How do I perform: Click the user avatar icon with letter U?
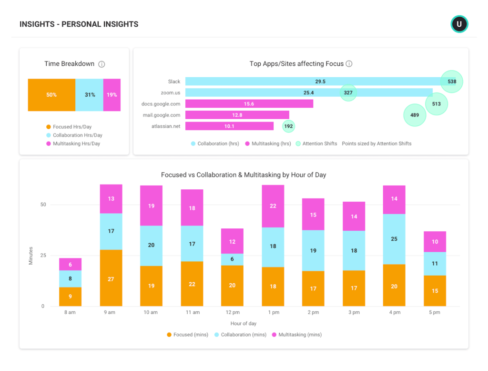(x=459, y=24)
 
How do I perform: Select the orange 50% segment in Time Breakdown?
(x=51, y=95)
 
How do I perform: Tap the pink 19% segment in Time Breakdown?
(x=112, y=95)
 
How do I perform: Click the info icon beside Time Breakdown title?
(x=102, y=64)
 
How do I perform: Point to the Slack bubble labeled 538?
(x=452, y=82)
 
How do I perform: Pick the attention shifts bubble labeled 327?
(x=348, y=93)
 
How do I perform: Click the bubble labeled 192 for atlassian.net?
(x=288, y=126)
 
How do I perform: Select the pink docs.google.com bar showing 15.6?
(x=249, y=103)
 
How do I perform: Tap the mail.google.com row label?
(x=162, y=115)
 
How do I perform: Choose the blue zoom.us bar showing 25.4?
(x=308, y=93)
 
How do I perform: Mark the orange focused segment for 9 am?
(x=111, y=278)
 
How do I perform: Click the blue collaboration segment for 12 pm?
(x=232, y=259)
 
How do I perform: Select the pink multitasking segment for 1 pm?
(x=273, y=206)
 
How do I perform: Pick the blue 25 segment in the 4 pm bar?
(x=394, y=239)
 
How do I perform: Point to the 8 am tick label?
(x=70, y=312)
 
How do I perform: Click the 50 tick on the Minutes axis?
(x=43, y=205)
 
